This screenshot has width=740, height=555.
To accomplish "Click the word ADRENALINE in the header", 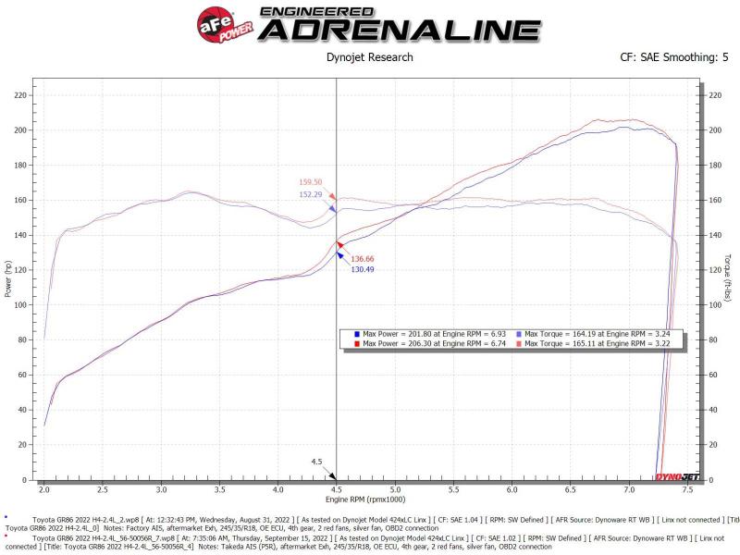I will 399,31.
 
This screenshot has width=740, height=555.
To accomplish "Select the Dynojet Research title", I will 370,57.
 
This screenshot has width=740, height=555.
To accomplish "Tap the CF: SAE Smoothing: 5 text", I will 674,57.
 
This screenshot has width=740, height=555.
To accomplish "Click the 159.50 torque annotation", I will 311,182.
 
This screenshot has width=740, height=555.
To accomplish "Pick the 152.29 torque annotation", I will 311,194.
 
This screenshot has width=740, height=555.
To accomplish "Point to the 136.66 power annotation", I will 362,258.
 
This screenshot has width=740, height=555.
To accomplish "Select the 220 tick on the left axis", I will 19,94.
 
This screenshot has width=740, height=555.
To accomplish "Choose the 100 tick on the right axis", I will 713,304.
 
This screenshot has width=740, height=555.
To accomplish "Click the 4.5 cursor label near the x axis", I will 316,462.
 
